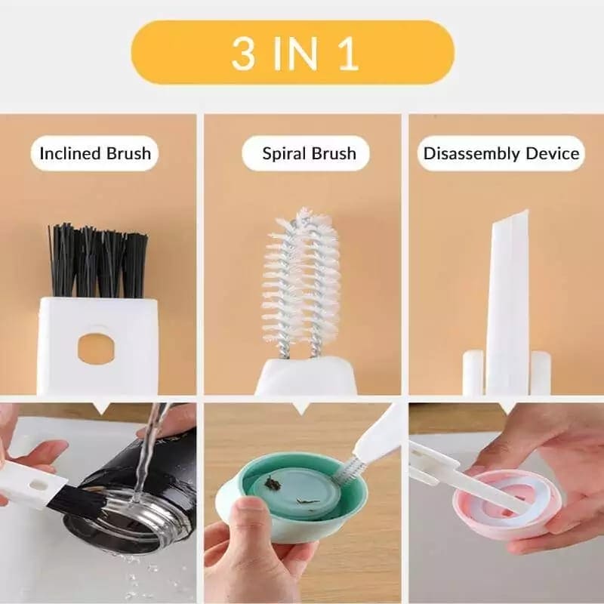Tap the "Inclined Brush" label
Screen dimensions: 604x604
pyautogui.click(x=95, y=154)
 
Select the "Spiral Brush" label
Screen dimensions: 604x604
pyautogui.click(x=309, y=154)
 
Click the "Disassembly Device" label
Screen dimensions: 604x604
pyautogui.click(x=501, y=154)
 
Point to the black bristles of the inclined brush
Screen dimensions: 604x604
pyautogui.click(x=98, y=260)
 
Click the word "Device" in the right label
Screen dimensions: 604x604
pyautogui.click(x=552, y=154)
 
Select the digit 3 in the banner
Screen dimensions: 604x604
pyautogui.click(x=243, y=53)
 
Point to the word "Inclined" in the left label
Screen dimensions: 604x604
pyautogui.click(x=70, y=154)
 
